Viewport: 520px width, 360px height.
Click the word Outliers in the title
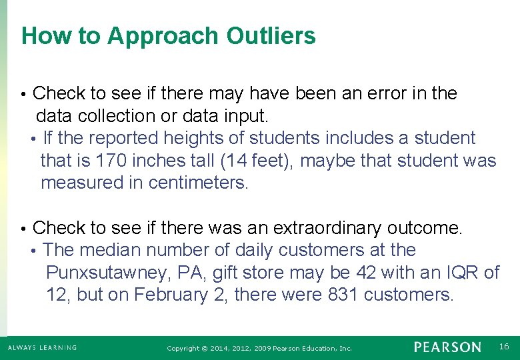[271, 36]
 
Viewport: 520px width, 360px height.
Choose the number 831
[343, 295]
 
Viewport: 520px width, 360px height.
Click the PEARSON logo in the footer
[447, 347]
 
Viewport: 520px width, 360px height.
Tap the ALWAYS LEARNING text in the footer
[42, 347]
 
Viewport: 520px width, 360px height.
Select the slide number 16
[503, 346]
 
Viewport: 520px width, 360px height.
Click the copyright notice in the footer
[259, 348]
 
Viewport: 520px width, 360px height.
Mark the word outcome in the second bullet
[426, 228]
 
